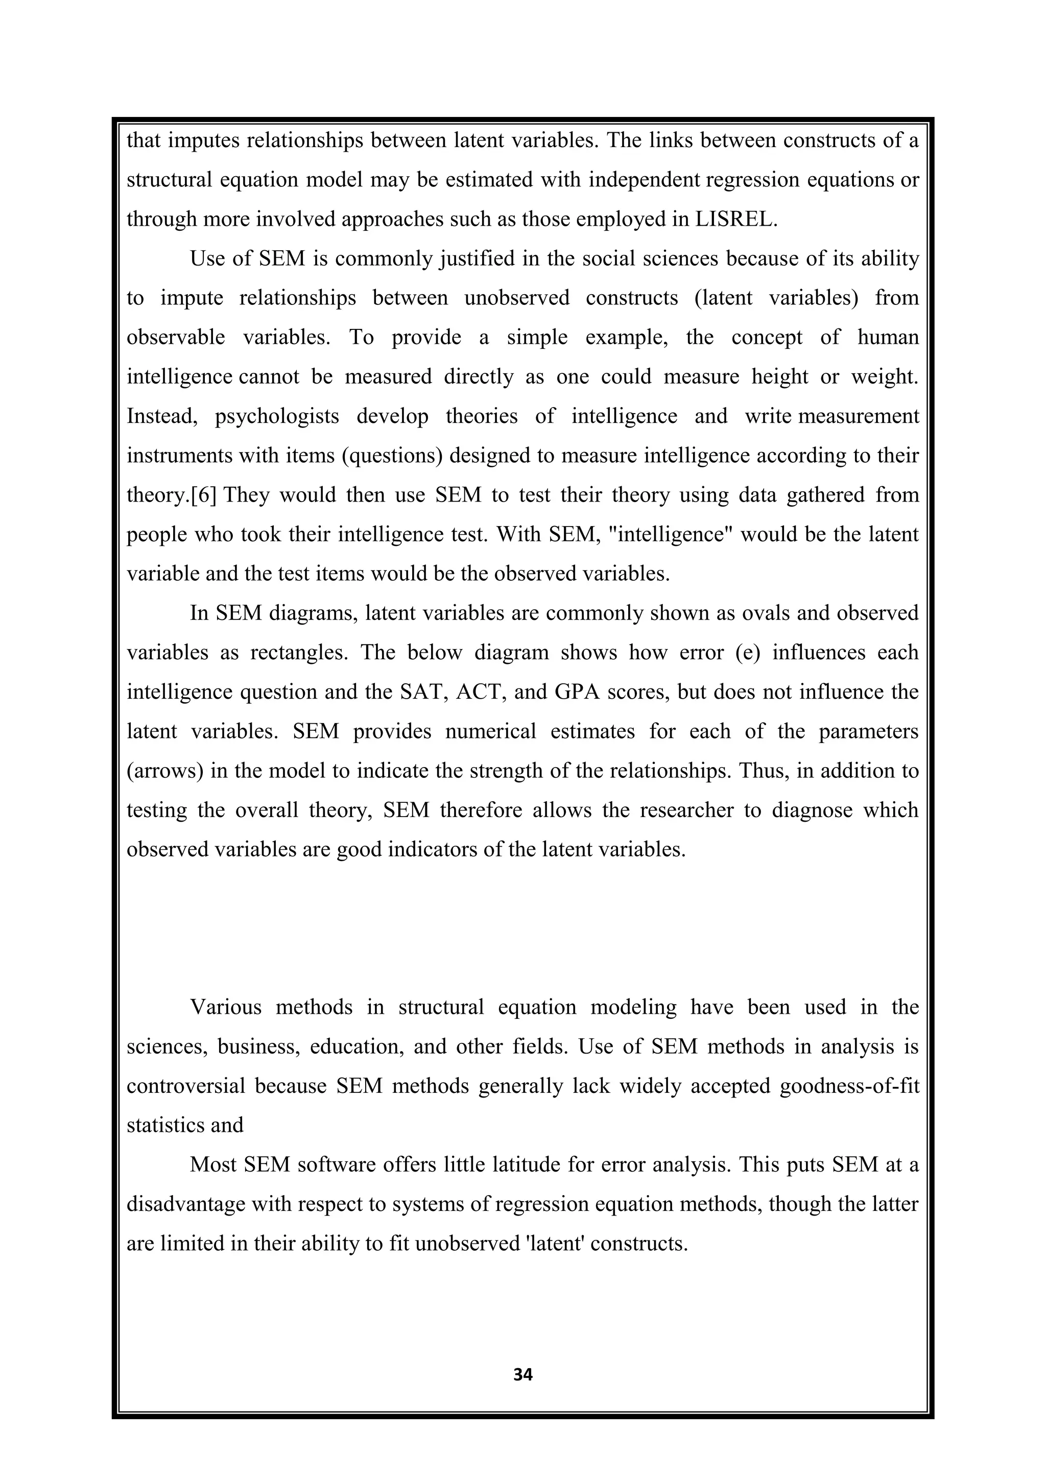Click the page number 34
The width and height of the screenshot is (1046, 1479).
[x=522, y=1375]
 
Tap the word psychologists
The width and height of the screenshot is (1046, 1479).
[x=277, y=417]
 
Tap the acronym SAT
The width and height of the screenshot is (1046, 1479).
[x=424, y=692]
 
